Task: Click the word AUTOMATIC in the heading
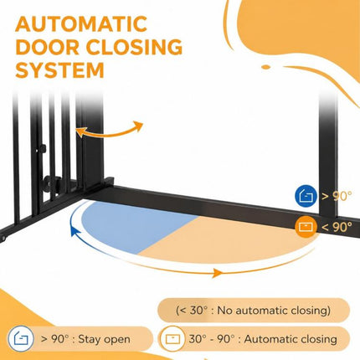point(81,24)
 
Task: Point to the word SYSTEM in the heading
point(59,69)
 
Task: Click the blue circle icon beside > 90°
point(306,196)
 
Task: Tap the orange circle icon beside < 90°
point(306,227)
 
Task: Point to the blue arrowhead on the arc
point(74,231)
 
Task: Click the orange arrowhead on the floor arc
point(218,273)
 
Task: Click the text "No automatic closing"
point(274,311)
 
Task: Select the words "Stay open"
point(104,339)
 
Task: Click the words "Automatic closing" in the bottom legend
point(291,339)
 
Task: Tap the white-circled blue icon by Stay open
point(21,339)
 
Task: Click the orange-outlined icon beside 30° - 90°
point(172,339)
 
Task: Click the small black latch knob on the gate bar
point(42,148)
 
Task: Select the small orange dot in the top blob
point(266,67)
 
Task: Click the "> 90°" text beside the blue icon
point(337,196)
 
